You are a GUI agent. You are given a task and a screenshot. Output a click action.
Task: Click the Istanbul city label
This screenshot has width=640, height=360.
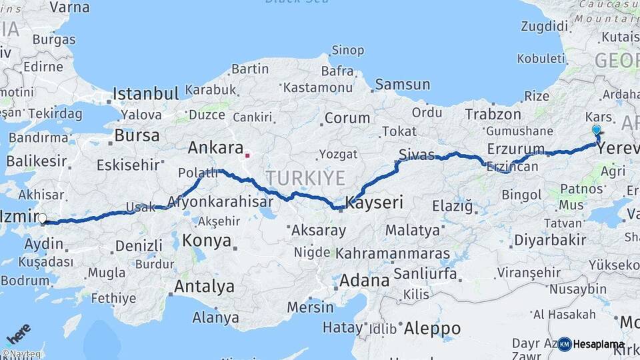(146, 93)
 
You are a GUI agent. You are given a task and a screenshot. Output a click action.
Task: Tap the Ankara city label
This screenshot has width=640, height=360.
(214, 147)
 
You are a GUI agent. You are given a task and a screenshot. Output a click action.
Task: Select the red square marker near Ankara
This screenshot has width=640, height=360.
(247, 156)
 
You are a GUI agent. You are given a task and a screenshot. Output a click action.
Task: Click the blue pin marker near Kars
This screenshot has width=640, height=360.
(596, 131)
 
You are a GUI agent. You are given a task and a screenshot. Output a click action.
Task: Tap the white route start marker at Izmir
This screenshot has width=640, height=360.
(43, 218)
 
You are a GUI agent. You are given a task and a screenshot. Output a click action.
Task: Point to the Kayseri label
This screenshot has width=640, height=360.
(375, 202)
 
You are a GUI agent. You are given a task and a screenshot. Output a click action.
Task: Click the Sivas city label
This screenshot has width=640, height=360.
(416, 155)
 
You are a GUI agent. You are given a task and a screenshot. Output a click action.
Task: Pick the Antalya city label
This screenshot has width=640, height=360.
(204, 287)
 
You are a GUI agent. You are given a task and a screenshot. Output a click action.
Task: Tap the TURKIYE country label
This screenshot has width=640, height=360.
(305, 178)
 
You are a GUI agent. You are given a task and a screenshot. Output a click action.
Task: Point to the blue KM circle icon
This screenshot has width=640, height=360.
(564, 344)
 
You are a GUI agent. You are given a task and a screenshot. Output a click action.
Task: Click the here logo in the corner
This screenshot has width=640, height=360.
(18, 333)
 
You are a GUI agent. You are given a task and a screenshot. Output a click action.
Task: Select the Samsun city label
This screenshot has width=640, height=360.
(402, 85)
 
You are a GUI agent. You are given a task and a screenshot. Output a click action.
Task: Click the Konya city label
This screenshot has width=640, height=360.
(207, 241)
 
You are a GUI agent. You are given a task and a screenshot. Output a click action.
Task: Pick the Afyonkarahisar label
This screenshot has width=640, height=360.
(220, 201)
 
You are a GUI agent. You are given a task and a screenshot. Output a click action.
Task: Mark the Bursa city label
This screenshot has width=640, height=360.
(137, 135)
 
